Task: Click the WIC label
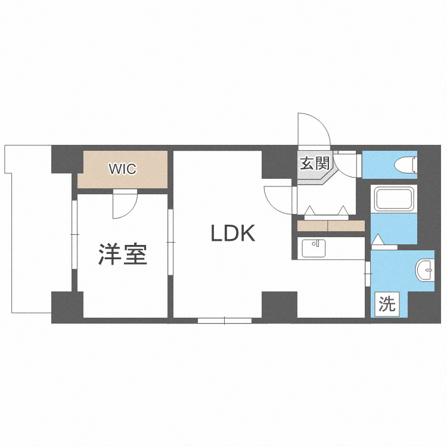pos(122,169)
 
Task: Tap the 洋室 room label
pos(123,255)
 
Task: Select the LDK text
pos(232,234)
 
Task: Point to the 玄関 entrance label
pos(313,163)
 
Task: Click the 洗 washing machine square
pos(387,305)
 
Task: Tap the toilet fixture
pos(406,164)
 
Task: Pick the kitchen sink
pos(313,247)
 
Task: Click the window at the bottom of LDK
pos(225,321)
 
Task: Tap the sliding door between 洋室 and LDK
pos(170,241)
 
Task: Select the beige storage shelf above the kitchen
pos(330,226)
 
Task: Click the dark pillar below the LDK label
pos(279,305)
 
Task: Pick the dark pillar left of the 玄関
pos(278,163)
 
